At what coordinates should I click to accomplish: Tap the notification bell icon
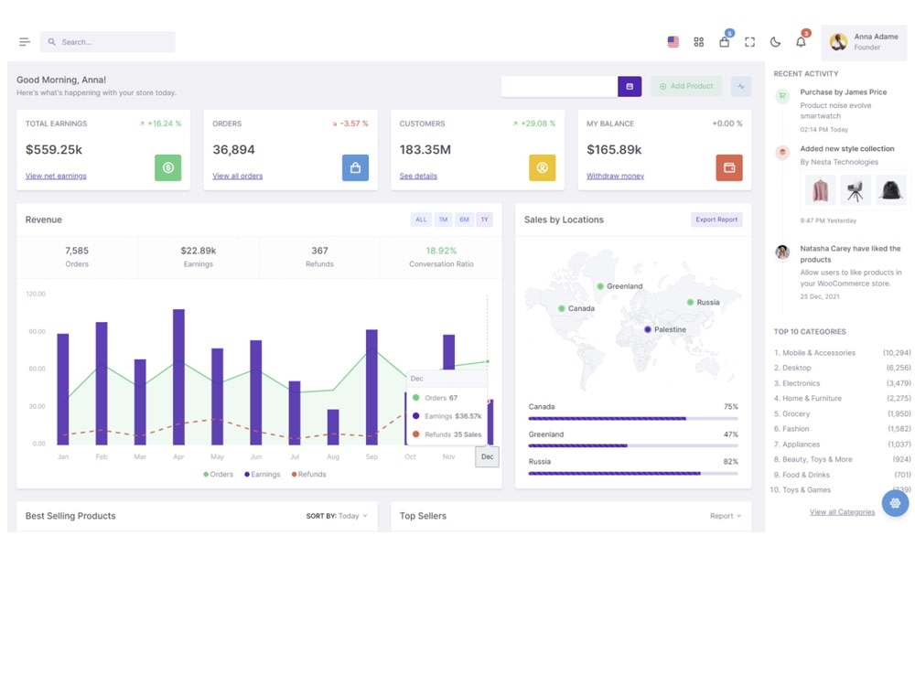[x=801, y=42]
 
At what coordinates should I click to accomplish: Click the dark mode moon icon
[x=775, y=42]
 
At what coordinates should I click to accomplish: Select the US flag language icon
[x=673, y=42]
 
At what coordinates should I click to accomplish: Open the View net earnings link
[x=56, y=176]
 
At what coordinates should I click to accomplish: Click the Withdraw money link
[x=615, y=176]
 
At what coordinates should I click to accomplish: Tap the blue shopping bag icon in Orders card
[x=355, y=167]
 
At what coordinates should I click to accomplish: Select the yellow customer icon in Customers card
[x=542, y=167]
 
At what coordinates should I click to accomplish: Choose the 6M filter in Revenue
[x=464, y=220]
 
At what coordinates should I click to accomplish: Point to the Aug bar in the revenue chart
[x=333, y=426]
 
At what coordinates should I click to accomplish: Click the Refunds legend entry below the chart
[x=309, y=475]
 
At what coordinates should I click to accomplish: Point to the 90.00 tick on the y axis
[x=36, y=331]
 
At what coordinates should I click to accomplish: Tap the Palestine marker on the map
[x=648, y=329]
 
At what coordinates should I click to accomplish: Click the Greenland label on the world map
[x=624, y=286]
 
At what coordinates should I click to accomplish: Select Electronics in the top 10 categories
[x=801, y=383]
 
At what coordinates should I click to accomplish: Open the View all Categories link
[x=842, y=512]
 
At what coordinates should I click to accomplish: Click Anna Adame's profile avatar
[x=838, y=42]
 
